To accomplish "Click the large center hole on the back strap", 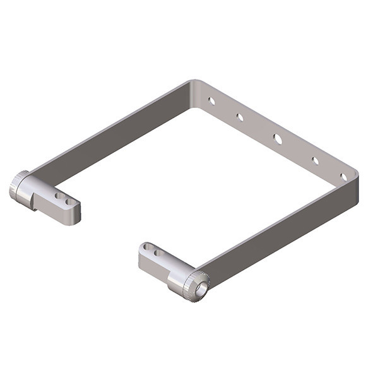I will pyautogui.click(x=278, y=138).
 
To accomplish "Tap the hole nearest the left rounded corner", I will pyautogui.click(x=212, y=100).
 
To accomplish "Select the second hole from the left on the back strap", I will pyautogui.click(x=240, y=117).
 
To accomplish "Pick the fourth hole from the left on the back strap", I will pyautogui.click(x=315, y=160).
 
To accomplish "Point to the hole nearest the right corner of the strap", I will pyautogui.click(x=343, y=177).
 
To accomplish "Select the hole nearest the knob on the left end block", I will pyautogui.click(x=58, y=196).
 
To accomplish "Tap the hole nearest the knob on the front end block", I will pyautogui.click(x=158, y=253).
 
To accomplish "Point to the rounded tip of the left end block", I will pyautogui.click(x=76, y=211).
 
